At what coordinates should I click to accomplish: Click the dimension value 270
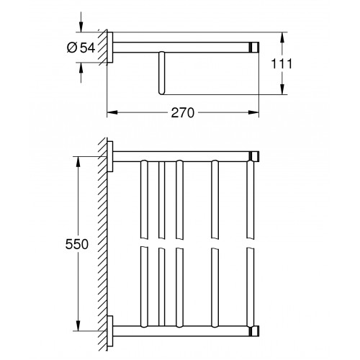[x=182, y=112]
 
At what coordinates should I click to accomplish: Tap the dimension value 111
[x=282, y=63]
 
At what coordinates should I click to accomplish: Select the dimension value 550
[x=77, y=244]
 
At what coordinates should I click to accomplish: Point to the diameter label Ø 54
[x=81, y=48]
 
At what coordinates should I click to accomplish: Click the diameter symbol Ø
[x=72, y=48]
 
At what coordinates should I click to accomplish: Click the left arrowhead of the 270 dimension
[x=112, y=112]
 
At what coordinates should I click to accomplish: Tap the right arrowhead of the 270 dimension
[x=253, y=112]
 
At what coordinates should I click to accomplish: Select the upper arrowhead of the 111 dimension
[x=283, y=37]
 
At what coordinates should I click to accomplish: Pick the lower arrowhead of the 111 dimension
[x=283, y=89]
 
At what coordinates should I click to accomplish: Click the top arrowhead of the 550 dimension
[x=78, y=162]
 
